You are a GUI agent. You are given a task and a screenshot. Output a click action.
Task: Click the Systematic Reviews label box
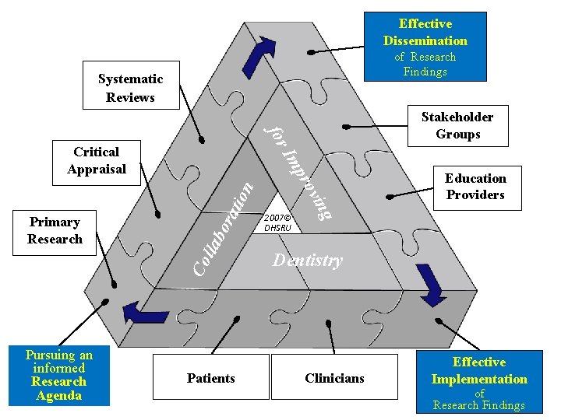130,88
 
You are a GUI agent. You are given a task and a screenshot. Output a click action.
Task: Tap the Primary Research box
55,231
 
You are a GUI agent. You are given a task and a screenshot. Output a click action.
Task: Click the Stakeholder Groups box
457,125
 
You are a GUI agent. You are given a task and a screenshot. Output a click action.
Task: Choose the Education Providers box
475,187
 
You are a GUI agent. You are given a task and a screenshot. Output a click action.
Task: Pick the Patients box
210,378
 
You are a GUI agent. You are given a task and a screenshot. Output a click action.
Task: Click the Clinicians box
334,378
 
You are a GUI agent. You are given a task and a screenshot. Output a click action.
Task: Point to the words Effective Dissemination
425,32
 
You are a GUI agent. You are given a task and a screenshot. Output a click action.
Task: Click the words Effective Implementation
479,371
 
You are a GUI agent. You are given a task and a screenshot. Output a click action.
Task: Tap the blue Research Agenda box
59,376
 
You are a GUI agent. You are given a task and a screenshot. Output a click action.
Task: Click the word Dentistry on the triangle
307,261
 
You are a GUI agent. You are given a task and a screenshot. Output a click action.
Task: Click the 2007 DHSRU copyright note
277,223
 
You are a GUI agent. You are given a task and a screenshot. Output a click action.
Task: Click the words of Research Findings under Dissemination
425,64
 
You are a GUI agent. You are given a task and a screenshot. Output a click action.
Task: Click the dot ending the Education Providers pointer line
388,198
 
